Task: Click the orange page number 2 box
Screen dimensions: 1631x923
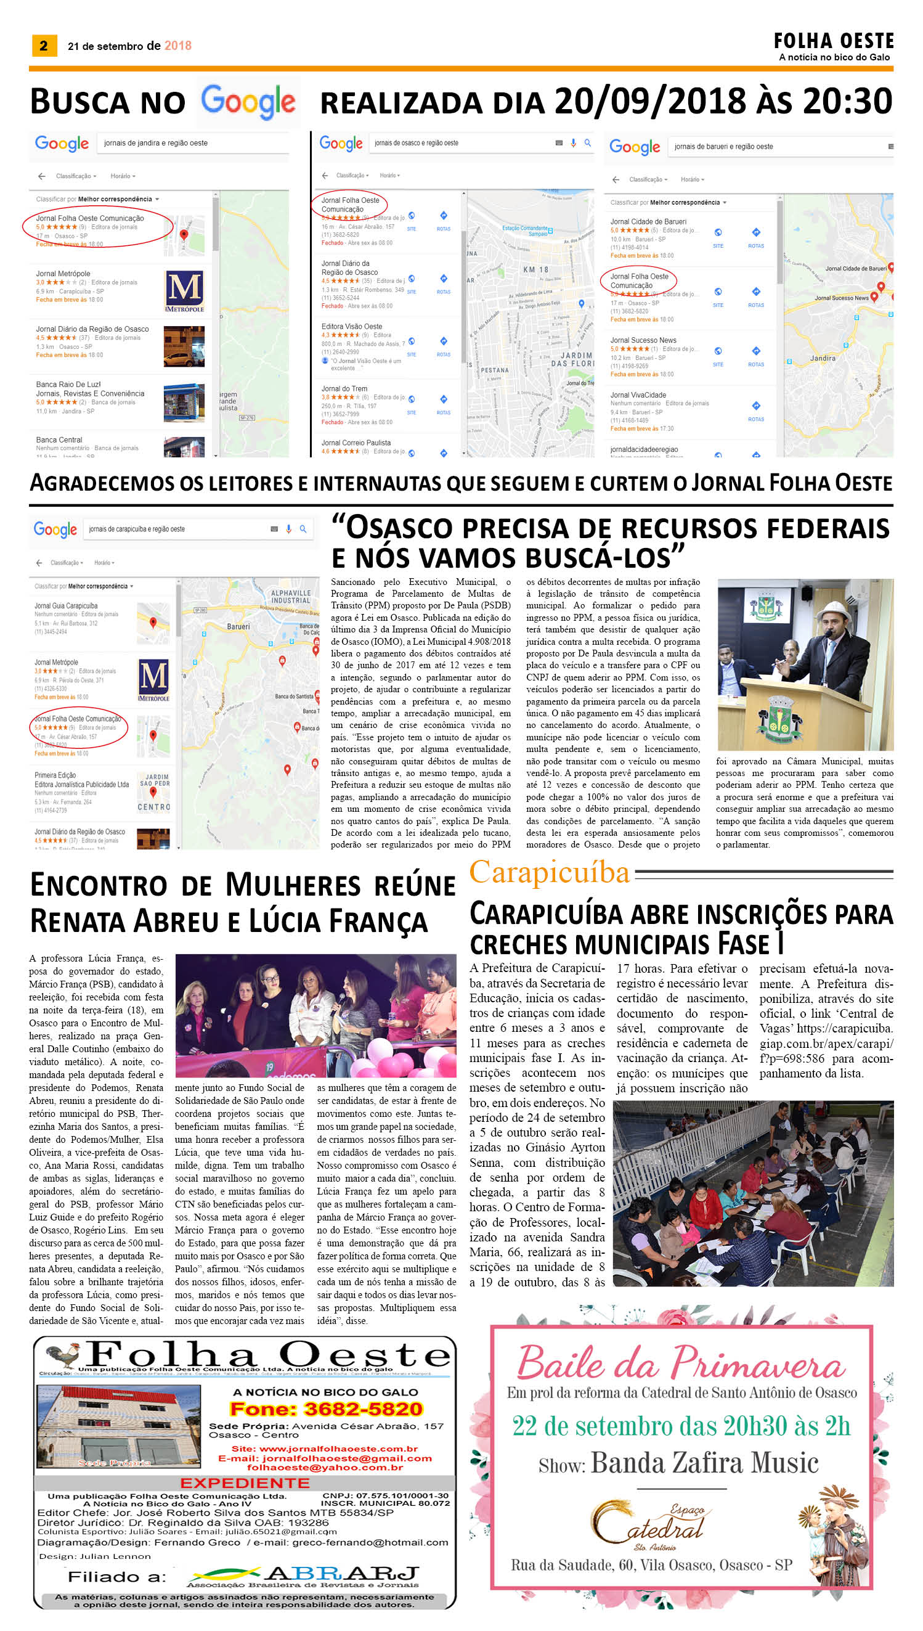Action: (44, 46)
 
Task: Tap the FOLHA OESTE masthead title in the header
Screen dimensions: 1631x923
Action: (833, 41)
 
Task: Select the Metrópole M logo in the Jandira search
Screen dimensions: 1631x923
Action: (184, 290)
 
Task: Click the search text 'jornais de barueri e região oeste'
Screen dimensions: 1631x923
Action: (723, 147)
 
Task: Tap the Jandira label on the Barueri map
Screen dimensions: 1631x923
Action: (822, 358)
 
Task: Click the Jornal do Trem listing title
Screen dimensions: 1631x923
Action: (344, 389)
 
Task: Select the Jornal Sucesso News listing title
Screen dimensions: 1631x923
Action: (643, 340)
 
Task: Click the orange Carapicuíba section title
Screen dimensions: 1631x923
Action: (549, 873)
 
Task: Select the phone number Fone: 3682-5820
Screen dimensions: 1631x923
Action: (326, 1409)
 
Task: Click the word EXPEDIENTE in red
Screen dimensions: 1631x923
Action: (245, 1483)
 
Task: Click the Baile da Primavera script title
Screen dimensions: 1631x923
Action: (681, 1363)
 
